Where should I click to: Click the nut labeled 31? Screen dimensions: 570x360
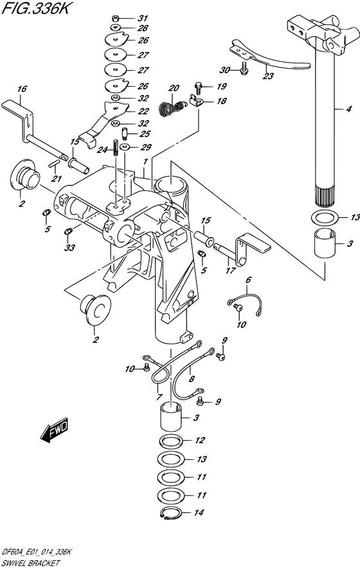tap(114, 17)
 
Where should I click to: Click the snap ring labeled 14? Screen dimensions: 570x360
tap(169, 513)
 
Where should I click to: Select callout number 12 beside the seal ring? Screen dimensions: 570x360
tap(200, 441)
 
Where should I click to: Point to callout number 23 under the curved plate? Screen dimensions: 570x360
tap(268, 76)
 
